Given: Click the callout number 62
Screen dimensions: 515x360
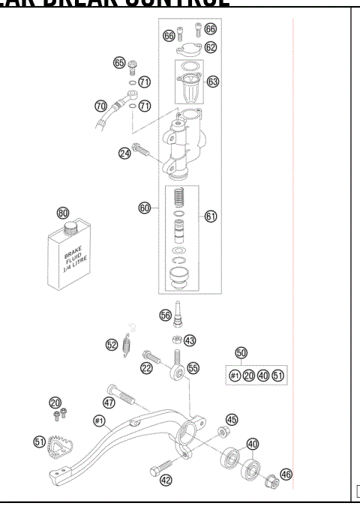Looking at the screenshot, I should coord(211,47).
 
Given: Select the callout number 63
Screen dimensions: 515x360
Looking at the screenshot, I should coord(212,81).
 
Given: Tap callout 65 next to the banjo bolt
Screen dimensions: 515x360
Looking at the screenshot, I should coord(119,62).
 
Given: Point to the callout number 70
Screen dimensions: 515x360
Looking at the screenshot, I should coord(100,105).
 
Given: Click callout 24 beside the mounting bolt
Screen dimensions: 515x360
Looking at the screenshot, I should coord(124,153).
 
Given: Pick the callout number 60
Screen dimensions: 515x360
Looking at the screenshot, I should coord(145,207).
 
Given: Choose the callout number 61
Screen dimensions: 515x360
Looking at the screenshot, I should coord(211,216).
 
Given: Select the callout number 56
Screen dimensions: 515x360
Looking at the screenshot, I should coord(165,316).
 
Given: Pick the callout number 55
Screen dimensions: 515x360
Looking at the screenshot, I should coord(193,368).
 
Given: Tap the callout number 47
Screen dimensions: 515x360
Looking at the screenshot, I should coord(109,403).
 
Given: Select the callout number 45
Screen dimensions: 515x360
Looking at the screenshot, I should coord(232,420).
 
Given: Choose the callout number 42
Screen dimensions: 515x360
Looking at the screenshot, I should coord(166,481).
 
